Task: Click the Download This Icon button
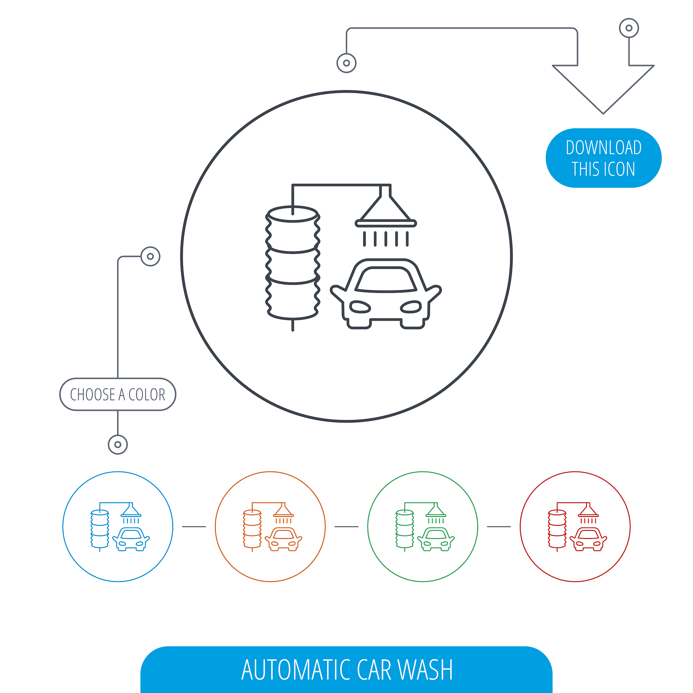603,158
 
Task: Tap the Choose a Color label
118,394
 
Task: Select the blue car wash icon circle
118,527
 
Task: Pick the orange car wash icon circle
270,527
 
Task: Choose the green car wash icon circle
423,527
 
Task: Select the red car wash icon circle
575,527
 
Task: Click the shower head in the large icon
386,211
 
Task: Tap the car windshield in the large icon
386,280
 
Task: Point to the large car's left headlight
360,307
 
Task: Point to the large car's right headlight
411,307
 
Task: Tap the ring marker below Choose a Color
118,444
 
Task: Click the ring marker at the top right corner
629,28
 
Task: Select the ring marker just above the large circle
346,63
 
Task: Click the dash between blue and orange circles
194,527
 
